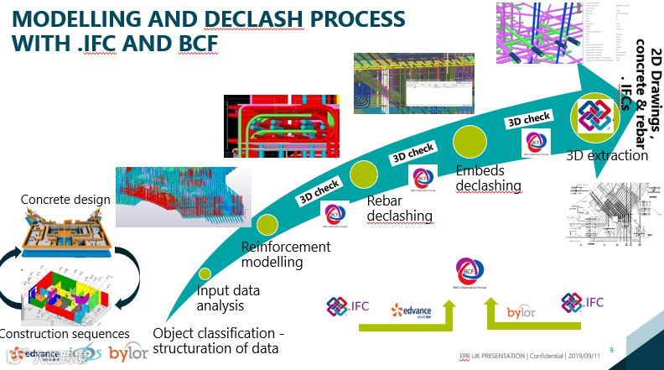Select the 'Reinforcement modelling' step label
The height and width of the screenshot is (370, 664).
click(285, 255)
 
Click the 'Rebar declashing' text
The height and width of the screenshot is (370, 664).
click(400, 208)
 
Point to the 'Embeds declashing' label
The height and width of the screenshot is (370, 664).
click(488, 178)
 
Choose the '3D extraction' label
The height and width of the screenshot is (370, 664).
click(607, 155)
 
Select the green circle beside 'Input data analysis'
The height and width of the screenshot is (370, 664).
click(205, 274)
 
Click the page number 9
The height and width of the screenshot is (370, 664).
click(611, 350)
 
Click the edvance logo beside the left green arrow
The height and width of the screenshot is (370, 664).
click(412, 312)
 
